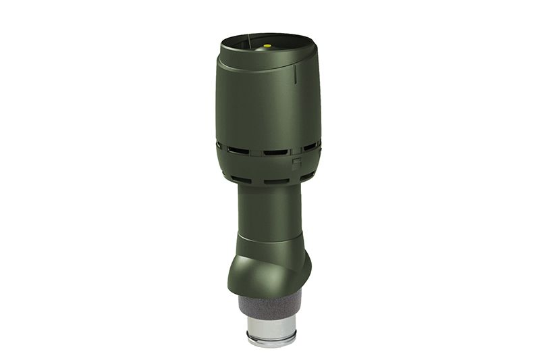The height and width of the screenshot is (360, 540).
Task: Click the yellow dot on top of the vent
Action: click(x=267, y=46)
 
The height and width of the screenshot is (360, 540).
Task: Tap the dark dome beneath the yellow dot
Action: click(x=267, y=51)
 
